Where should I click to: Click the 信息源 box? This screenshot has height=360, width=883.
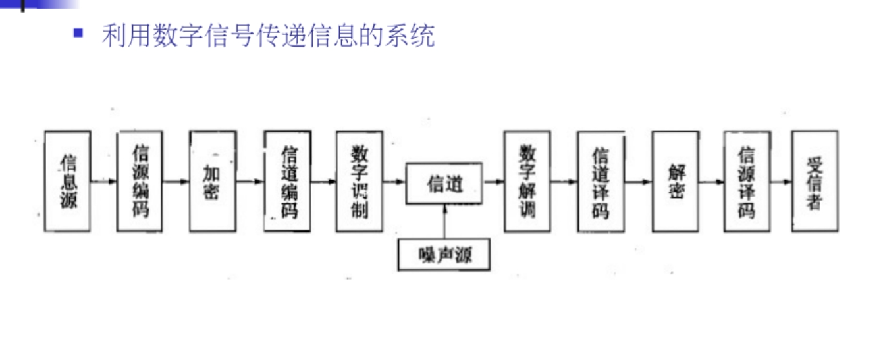point(68,181)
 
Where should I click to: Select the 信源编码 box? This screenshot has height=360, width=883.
point(140,181)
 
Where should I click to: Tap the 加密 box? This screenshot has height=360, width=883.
point(212,181)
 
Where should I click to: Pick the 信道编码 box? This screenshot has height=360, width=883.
point(288,181)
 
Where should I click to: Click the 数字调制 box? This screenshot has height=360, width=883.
point(359,181)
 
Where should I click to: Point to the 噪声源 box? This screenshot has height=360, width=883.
point(444,255)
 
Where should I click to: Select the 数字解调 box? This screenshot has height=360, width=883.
point(527,181)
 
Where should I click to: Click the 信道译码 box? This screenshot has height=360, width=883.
point(601,181)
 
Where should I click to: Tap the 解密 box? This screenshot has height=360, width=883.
point(676,181)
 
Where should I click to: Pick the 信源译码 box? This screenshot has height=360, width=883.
point(747,181)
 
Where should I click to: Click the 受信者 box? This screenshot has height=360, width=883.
point(815,181)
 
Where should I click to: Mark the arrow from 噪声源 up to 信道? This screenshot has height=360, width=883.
point(445,222)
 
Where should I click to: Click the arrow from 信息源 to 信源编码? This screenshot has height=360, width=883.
point(104,181)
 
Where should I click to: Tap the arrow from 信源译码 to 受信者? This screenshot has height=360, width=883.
point(781,181)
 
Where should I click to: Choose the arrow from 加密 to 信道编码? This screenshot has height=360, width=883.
point(250,181)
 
